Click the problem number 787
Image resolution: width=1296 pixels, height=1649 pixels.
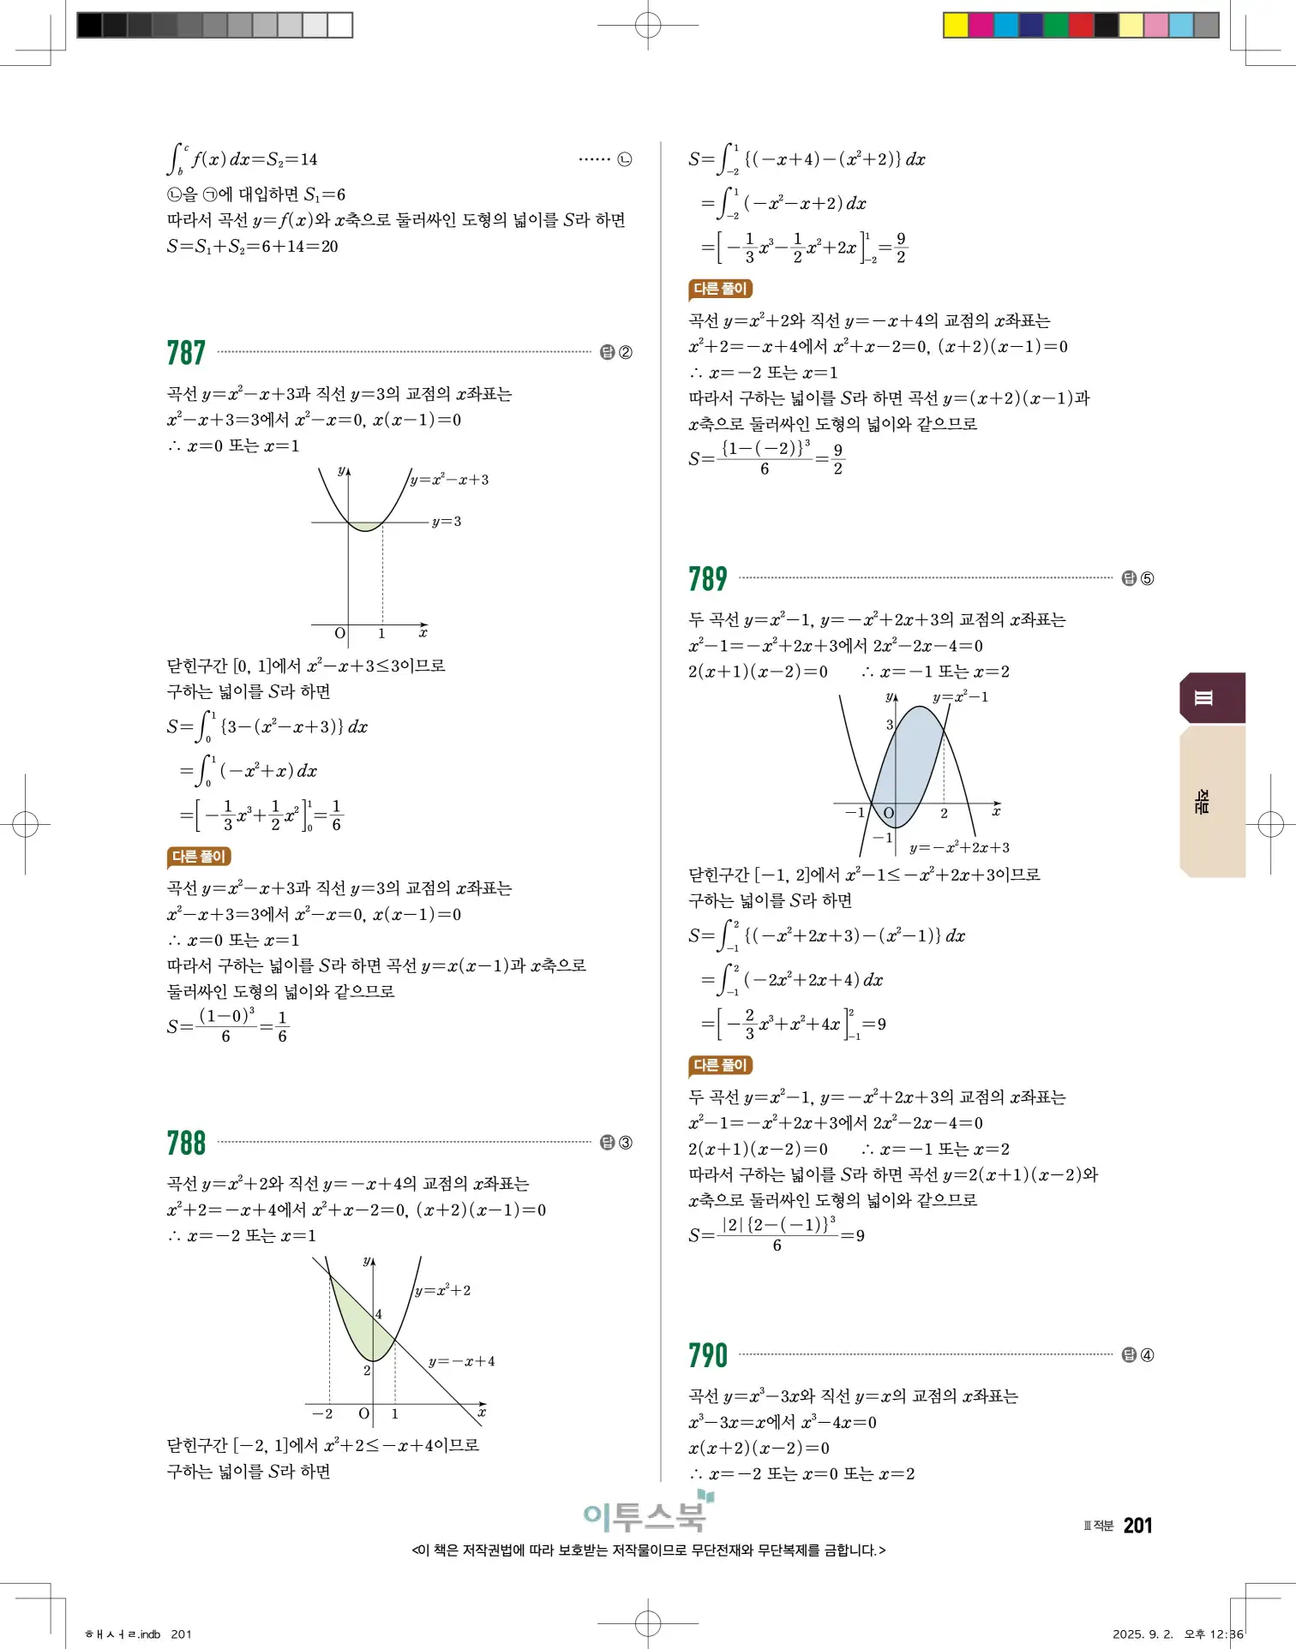pos(186,353)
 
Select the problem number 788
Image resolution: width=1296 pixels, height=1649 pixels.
pos(186,1143)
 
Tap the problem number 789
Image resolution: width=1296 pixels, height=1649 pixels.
pos(707,579)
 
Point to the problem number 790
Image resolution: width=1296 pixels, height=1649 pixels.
pos(707,1355)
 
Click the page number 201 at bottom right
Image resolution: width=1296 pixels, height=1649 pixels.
pos(1137,1525)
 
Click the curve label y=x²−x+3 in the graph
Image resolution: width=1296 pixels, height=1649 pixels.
pos(449,480)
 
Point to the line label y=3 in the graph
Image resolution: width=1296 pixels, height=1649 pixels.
pos(446,521)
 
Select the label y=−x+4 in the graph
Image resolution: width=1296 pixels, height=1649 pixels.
pos(461,1361)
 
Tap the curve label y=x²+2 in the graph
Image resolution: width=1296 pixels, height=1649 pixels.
pos(442,1290)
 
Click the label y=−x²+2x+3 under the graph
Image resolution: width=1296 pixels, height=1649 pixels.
pos(959,847)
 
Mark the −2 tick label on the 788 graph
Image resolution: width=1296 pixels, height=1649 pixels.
pos(322,1413)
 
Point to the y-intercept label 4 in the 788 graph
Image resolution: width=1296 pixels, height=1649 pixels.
pos(378,1314)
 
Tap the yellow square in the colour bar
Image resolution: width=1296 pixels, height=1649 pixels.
pos(955,25)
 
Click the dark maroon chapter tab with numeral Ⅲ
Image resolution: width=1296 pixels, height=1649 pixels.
pos(1212,698)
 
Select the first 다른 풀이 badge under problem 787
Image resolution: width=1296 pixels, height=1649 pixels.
pos(199,857)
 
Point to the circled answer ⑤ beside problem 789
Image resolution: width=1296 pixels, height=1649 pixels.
pos(1147,579)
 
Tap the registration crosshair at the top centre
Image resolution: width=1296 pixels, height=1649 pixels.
pos(648,26)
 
